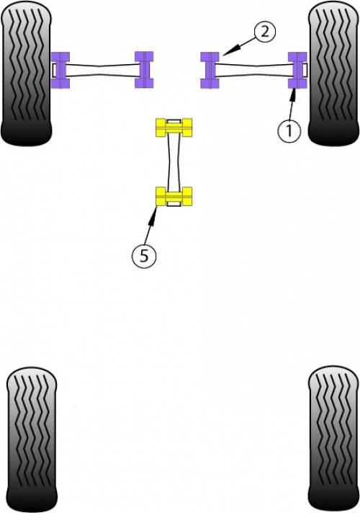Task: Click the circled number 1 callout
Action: pyautogui.click(x=289, y=130)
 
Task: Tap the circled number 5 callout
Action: pyautogui.click(x=144, y=256)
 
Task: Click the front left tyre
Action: pyautogui.click(x=27, y=73)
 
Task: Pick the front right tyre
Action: pyautogui.click(x=333, y=73)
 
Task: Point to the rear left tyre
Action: pyautogui.click(x=32, y=440)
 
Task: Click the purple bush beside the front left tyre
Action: pyautogui.click(x=60, y=71)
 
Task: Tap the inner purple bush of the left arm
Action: pyautogui.click(x=144, y=70)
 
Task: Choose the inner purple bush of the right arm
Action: pyautogui.click(x=210, y=70)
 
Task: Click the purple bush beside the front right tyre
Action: pyautogui.click(x=297, y=71)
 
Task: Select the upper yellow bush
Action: pyautogui.click(x=174, y=128)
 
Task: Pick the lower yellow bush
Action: pyautogui.click(x=174, y=196)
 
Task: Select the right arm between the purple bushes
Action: pyautogui.click(x=254, y=71)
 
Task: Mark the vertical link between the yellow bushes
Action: pyautogui.click(x=174, y=162)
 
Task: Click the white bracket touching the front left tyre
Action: pyautogui.click(x=53, y=71)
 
